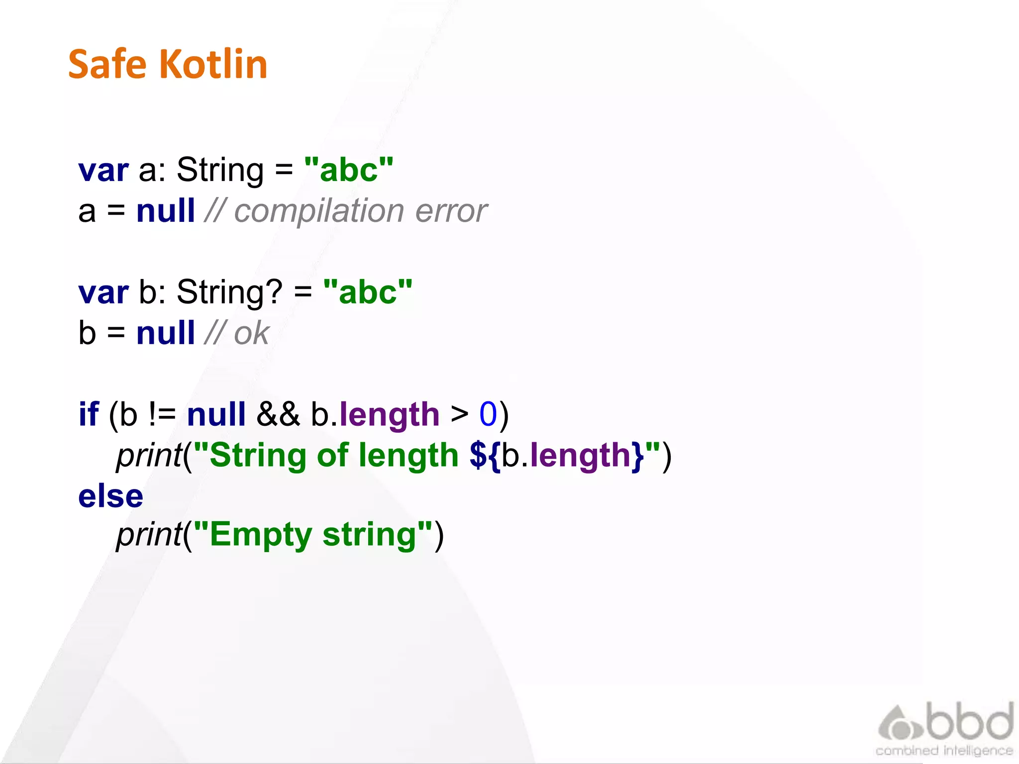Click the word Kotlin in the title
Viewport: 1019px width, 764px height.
tap(213, 64)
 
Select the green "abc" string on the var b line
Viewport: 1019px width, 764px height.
tap(368, 292)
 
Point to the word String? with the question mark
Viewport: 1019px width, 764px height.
tap(229, 292)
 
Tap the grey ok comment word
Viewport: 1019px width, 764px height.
tap(251, 333)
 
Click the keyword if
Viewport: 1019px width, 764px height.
tap(89, 414)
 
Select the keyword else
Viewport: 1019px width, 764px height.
tap(110, 496)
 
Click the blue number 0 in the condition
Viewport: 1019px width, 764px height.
tap(488, 414)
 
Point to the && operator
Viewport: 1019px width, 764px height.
tap(278, 414)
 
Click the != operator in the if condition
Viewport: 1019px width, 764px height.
tap(162, 414)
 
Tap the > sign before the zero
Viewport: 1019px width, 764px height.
tap(459, 414)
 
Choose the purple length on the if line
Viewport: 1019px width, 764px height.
tap(389, 415)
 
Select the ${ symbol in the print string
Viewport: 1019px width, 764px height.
tap(485, 455)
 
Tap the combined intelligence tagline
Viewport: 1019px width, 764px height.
tap(944, 751)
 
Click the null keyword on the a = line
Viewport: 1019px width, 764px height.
tap(166, 211)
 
